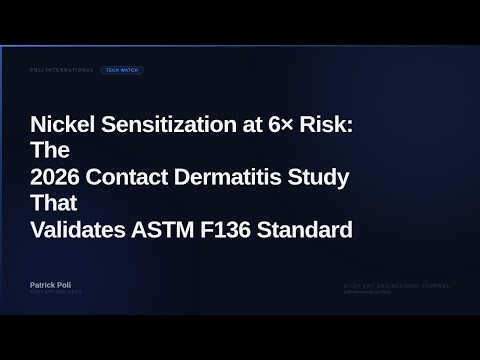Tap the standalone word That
click(x=50, y=204)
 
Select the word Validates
click(x=79, y=229)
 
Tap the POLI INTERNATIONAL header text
click(x=62, y=71)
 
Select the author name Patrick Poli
click(x=55, y=285)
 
